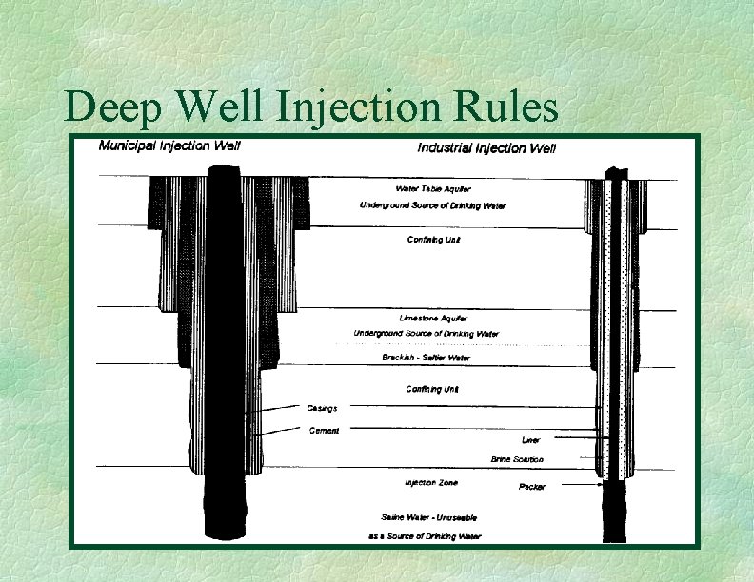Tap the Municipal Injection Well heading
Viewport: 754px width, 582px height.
coord(170,145)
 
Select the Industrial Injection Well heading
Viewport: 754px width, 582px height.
coord(486,147)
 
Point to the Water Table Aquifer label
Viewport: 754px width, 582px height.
coord(431,188)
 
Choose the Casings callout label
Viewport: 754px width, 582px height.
coord(322,408)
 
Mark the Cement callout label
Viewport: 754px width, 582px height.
coord(324,431)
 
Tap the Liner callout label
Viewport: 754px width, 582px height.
coord(531,440)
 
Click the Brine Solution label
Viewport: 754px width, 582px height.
coord(517,459)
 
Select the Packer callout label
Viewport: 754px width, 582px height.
coord(532,487)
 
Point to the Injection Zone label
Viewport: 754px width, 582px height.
coord(431,483)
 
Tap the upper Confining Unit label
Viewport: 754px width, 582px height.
coord(434,240)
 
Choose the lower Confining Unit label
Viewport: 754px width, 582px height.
coord(431,389)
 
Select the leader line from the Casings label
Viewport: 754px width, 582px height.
coord(276,410)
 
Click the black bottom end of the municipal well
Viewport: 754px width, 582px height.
coord(227,509)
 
